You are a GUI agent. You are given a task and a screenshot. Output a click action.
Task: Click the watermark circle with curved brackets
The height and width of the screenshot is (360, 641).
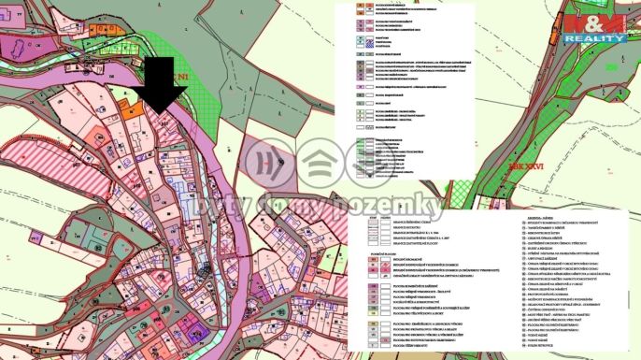(x=272, y=162)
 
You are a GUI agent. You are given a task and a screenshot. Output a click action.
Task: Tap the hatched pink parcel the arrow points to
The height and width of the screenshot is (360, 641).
(x=171, y=131)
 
